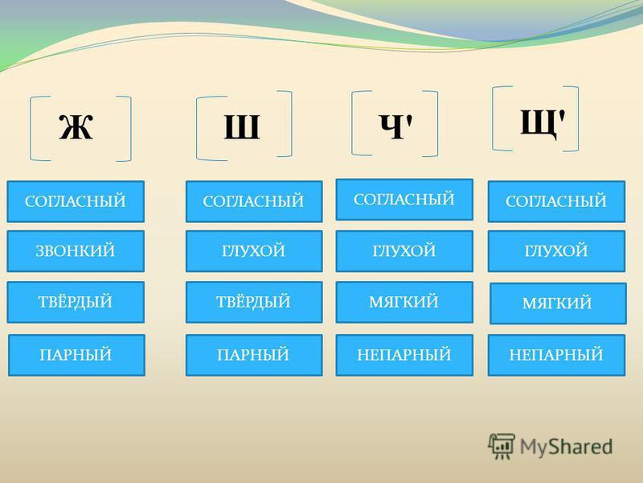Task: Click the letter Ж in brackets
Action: (76, 126)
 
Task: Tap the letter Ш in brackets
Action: (242, 126)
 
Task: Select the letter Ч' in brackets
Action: (395, 126)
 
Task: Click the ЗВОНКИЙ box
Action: (76, 251)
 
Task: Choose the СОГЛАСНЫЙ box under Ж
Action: (76, 201)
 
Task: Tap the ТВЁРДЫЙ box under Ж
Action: (76, 302)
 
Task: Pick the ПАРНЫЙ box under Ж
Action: (76, 355)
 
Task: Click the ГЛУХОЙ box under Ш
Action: (254, 251)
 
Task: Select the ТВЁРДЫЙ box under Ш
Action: (254, 302)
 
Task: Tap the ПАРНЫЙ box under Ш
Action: (254, 355)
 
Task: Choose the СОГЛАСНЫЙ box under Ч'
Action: (404, 199)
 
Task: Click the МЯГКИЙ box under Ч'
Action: (404, 302)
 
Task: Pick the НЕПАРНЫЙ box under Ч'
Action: (404, 355)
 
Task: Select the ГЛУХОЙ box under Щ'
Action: (556, 251)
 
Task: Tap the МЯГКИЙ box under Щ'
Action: (558, 303)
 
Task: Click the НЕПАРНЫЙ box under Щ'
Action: (556, 355)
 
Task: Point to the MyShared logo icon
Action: (502, 446)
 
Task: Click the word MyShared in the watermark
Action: (567, 448)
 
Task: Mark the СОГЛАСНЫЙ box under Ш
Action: (254, 201)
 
